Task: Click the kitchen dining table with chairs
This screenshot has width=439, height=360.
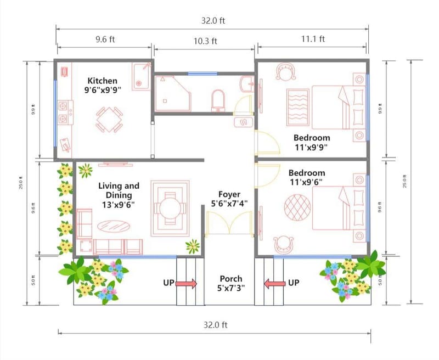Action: [x=109, y=119]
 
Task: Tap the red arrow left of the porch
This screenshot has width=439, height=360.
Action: [x=187, y=283]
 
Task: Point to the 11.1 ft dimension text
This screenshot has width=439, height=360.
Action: [x=313, y=38]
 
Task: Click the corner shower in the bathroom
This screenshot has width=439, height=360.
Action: [x=172, y=93]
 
